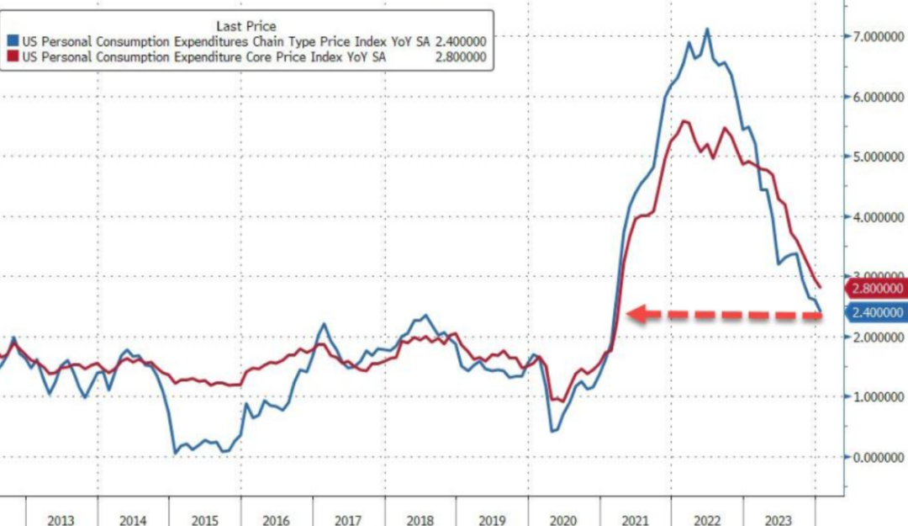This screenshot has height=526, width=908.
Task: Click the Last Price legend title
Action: point(245,26)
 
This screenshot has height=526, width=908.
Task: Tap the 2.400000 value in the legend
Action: point(460,41)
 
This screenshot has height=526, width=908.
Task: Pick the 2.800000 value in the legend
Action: point(460,57)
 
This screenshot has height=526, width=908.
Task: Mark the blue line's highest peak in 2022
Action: point(707,29)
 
